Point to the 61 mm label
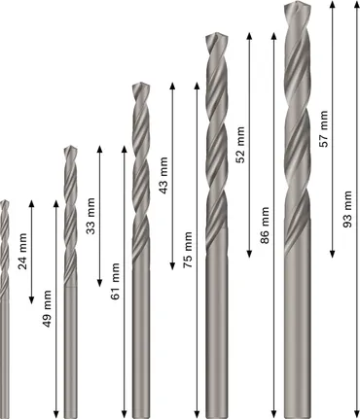click(116, 282)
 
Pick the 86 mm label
click(265, 226)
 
